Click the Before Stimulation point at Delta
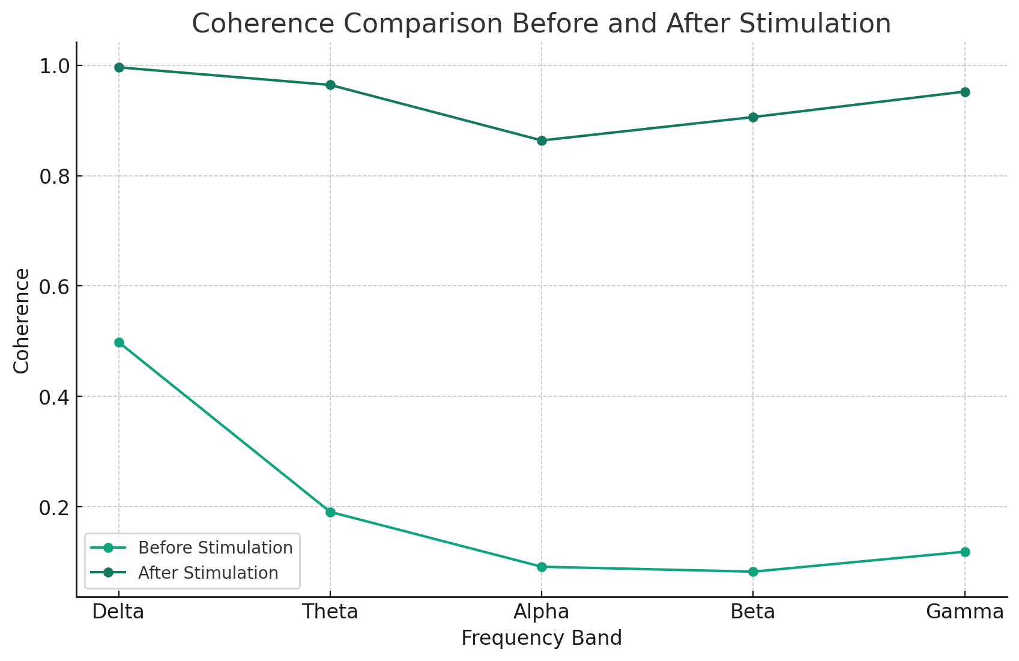coord(119,343)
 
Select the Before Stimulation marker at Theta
coord(330,512)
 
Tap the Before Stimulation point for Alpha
coord(542,567)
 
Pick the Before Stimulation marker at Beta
coord(753,572)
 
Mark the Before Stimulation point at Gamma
coord(965,552)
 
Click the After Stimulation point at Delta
coord(119,67)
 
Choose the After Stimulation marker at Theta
coord(330,85)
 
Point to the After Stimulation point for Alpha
coord(542,141)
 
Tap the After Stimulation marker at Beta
coord(753,117)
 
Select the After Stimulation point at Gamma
coord(965,92)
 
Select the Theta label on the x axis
coord(330,612)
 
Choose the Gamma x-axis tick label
coord(964,612)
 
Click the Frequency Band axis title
coord(542,638)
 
